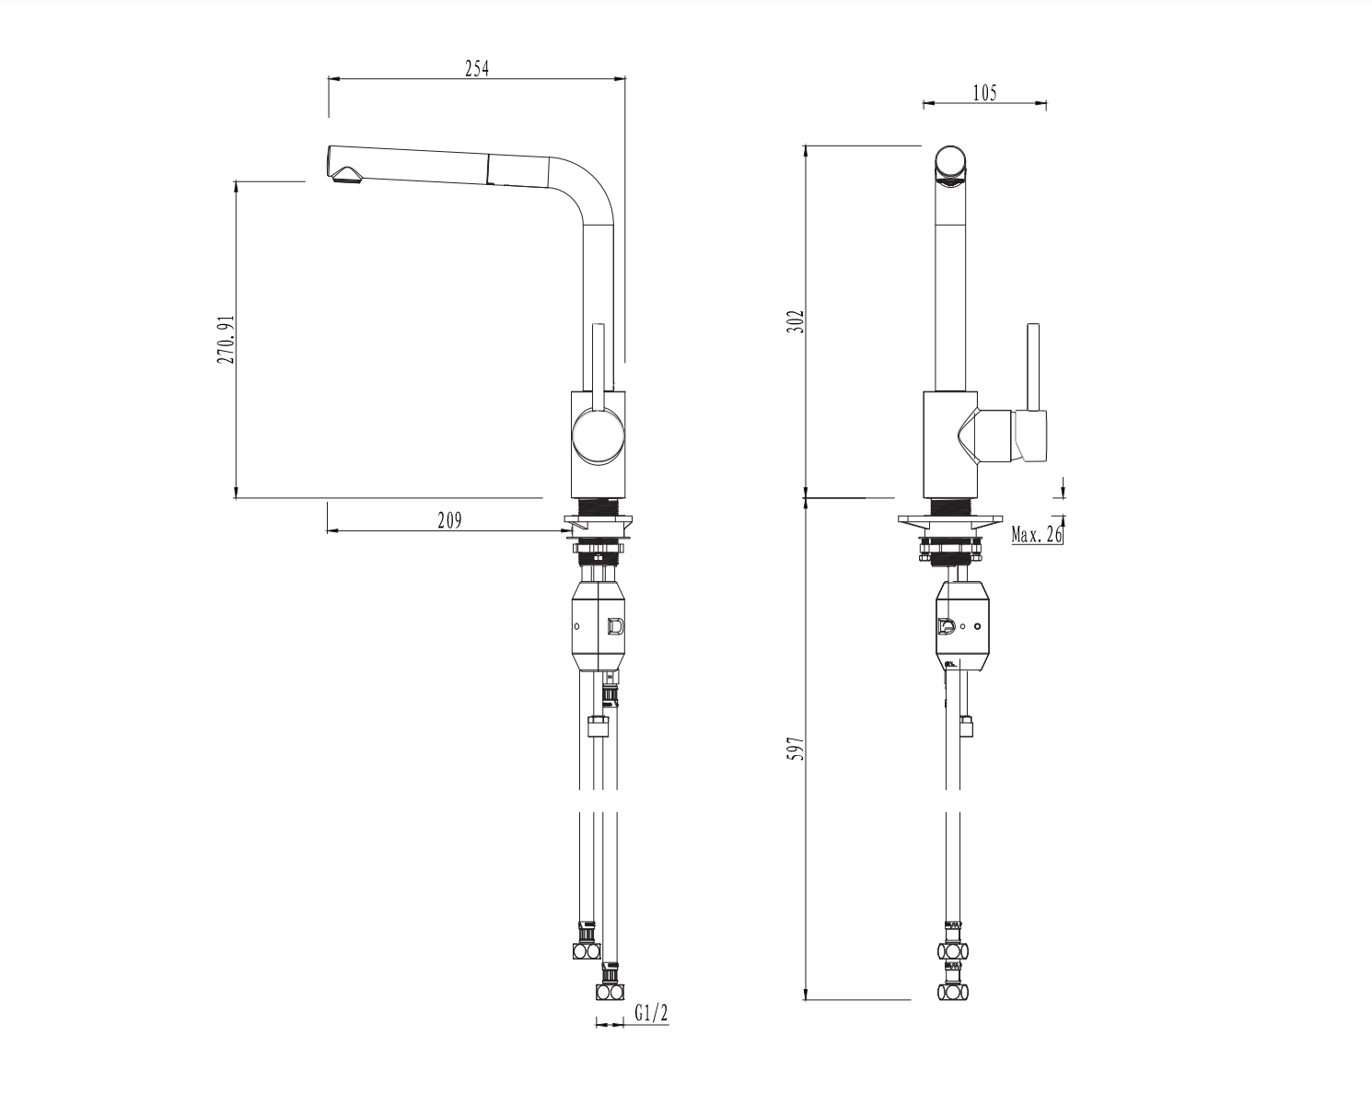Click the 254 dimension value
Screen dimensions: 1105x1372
click(x=476, y=68)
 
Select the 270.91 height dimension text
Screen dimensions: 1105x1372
click(x=226, y=339)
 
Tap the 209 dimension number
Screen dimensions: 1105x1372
click(x=449, y=520)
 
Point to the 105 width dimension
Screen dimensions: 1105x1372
click(x=983, y=92)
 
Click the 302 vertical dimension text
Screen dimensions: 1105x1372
click(x=796, y=320)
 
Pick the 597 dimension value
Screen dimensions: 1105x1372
click(x=796, y=748)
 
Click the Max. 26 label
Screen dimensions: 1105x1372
click(x=1037, y=534)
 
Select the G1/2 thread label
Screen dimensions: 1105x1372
click(x=652, y=1014)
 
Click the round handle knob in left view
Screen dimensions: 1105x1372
click(x=599, y=437)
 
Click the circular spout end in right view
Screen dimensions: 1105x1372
click(x=951, y=164)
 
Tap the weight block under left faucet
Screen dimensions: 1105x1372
click(x=599, y=627)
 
